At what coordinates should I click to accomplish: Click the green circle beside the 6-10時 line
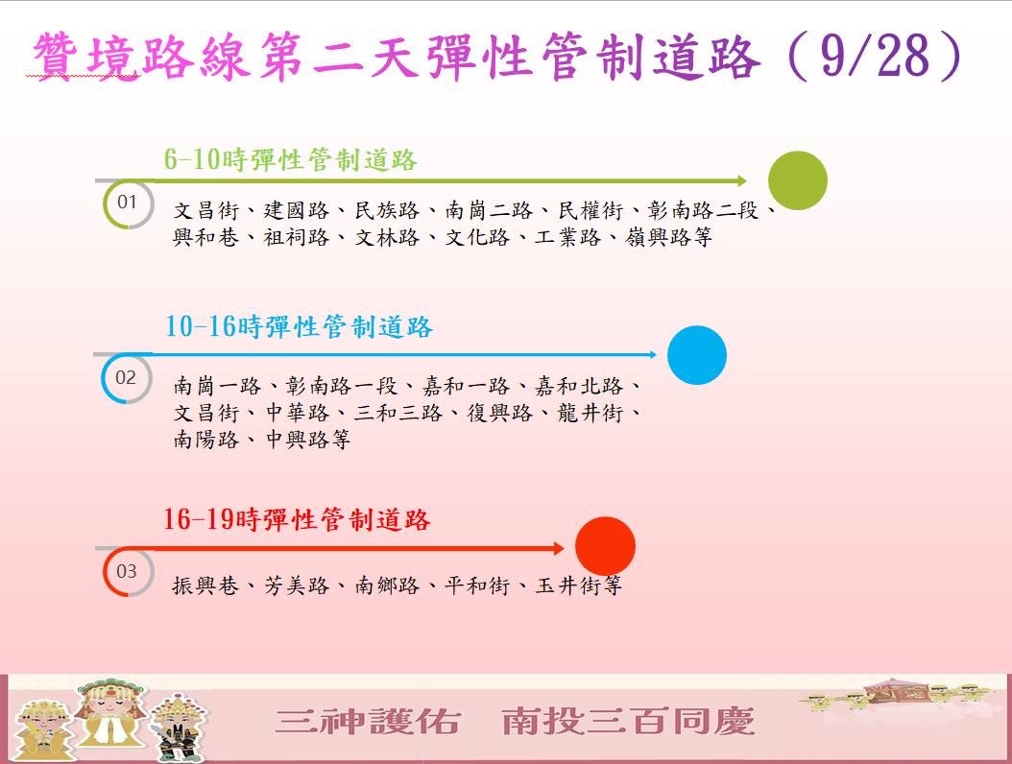tap(798, 180)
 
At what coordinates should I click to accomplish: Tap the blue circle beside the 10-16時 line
tap(697, 355)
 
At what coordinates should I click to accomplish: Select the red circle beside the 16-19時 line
tap(606, 546)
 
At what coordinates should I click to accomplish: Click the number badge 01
tap(127, 202)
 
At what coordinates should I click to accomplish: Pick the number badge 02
tap(126, 377)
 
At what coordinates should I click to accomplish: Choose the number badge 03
tap(127, 571)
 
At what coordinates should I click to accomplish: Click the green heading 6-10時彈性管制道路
tap(290, 160)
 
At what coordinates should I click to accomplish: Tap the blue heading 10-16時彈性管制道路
tap(299, 327)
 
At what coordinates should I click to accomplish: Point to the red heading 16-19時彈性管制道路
tap(297, 519)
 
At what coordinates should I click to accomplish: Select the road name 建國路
tap(297, 210)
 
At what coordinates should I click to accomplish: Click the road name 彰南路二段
tap(703, 210)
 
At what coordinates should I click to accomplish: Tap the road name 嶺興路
tap(657, 237)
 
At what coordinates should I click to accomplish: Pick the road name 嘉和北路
tap(578, 386)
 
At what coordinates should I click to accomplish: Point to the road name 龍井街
tap(590, 413)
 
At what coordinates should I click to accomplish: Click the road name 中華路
tap(298, 413)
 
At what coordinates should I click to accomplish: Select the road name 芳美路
tap(297, 585)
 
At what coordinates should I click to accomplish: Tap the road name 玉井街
tap(568, 585)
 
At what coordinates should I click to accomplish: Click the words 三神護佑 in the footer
tap(368, 721)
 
